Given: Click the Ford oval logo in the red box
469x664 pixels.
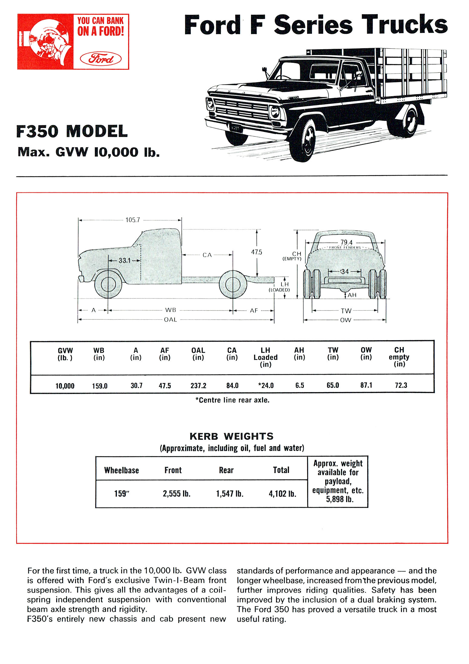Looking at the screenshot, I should click(x=101, y=59).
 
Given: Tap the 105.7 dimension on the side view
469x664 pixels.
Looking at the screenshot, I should click(x=133, y=220).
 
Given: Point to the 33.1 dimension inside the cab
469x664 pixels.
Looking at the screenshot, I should click(x=124, y=260).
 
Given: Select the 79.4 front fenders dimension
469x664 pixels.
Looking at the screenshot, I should click(x=346, y=242).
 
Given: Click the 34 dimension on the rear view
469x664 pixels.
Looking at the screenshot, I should click(x=345, y=272).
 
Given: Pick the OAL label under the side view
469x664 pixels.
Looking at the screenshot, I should click(x=170, y=320).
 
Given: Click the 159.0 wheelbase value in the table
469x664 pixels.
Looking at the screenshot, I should click(x=100, y=386).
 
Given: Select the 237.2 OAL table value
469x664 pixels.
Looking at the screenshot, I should click(x=198, y=386).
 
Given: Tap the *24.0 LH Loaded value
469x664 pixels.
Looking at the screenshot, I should click(x=266, y=385).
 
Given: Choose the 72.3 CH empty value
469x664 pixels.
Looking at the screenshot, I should click(x=401, y=385).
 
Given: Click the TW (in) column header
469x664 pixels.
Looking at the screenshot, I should click(x=333, y=353).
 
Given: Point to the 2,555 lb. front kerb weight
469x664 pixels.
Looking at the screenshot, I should click(x=176, y=493).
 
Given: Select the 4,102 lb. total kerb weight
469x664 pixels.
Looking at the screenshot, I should click(x=282, y=493).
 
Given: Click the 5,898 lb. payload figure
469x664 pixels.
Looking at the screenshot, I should click(x=339, y=499).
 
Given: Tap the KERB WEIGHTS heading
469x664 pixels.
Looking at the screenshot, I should click(x=231, y=436).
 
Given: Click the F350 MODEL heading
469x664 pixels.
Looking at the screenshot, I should click(x=72, y=132).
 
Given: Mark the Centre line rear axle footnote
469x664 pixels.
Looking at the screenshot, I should click(x=232, y=400).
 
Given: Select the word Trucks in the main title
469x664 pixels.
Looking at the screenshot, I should click(x=404, y=25).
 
